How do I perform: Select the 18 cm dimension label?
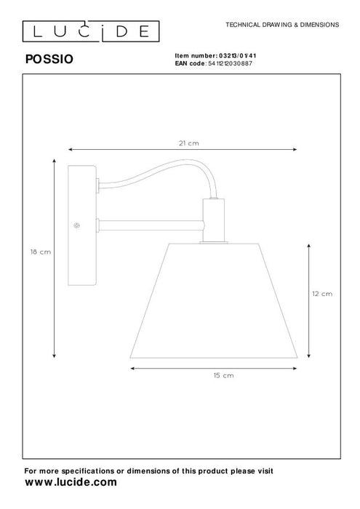pyautogui.click(x=39, y=252)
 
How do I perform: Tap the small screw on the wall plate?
pyautogui.click(x=76, y=226)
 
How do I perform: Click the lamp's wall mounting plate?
pyautogui.click(x=81, y=225)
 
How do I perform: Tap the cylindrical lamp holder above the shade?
pyautogui.click(x=214, y=221)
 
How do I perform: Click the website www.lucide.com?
pyautogui.click(x=71, y=482)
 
